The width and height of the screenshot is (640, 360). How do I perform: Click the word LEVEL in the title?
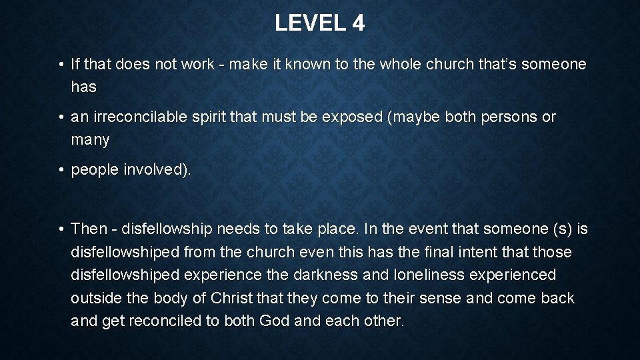[x=308, y=23]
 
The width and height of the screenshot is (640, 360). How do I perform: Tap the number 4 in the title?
[x=359, y=23]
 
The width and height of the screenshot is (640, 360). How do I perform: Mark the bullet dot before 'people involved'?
[x=60, y=169]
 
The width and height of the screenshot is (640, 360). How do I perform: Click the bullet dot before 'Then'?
[x=60, y=229]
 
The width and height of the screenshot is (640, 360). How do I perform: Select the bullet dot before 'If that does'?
[x=60, y=64]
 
